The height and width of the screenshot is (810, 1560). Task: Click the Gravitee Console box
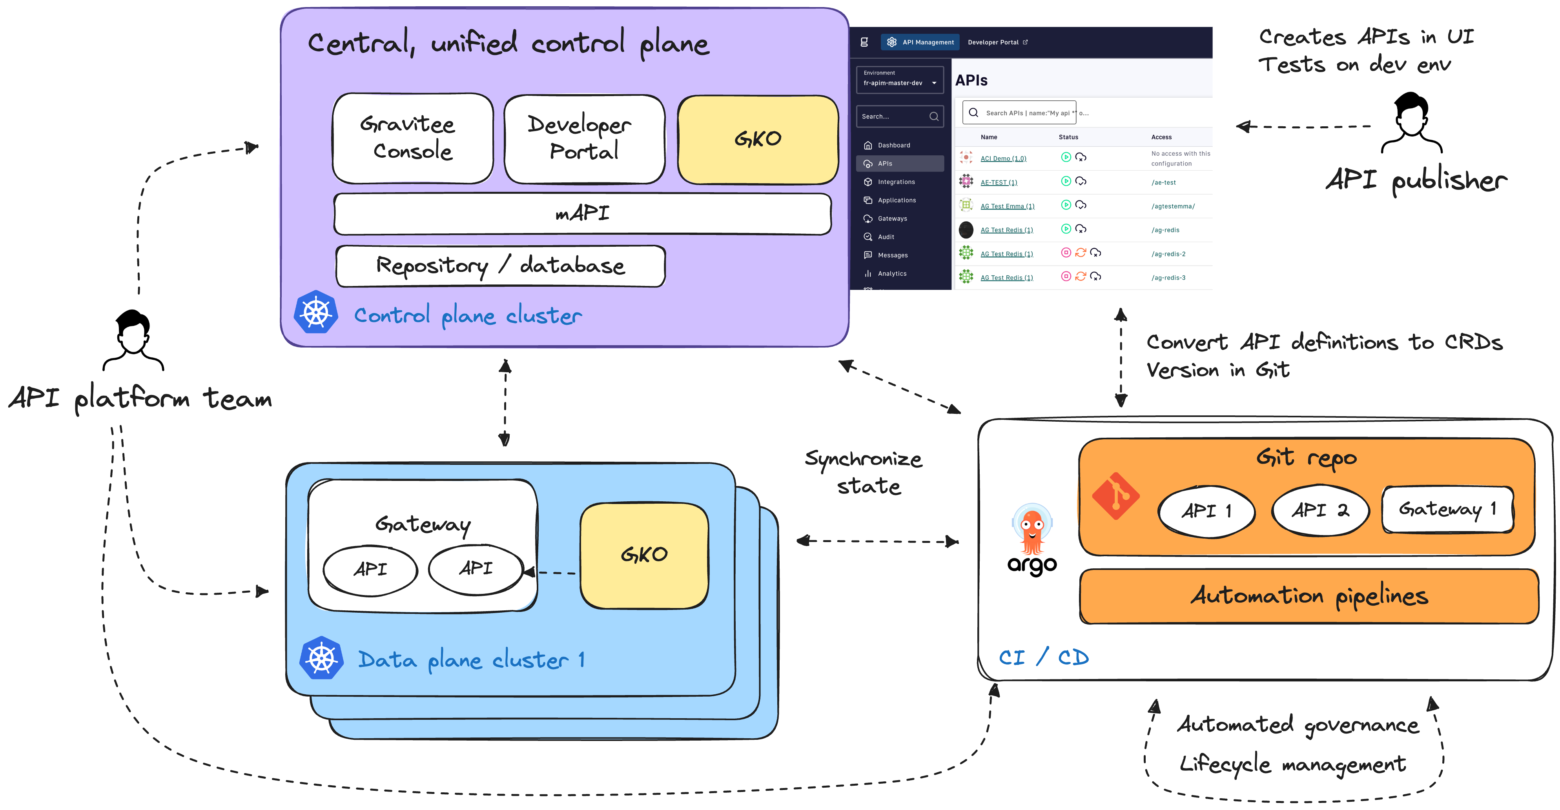413,138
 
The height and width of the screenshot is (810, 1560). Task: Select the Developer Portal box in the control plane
584,138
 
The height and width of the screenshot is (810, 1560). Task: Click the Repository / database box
500,266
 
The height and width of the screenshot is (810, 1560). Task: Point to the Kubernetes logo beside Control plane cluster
315,312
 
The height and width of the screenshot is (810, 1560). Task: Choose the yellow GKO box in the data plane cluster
644,555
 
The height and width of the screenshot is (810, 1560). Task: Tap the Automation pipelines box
1309,596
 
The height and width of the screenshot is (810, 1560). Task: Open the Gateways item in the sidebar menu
892,218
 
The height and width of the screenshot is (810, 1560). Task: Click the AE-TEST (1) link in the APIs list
999,182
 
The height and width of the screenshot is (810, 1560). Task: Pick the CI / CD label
1043,657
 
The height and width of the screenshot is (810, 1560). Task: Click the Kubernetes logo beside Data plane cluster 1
322,658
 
